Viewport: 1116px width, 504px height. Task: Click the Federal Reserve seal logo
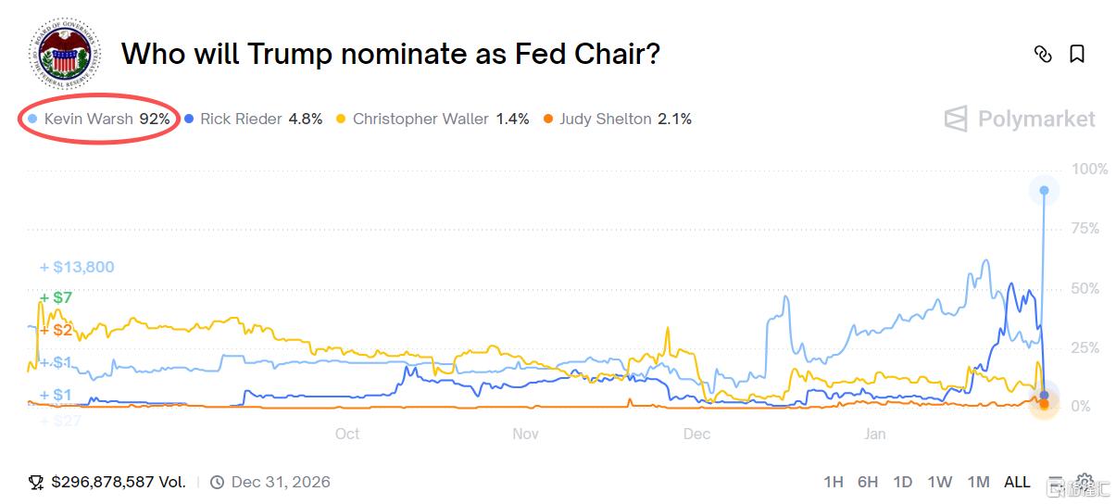(x=61, y=56)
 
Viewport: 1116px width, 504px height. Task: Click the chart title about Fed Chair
(x=390, y=54)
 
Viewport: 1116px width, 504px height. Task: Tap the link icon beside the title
(x=1043, y=54)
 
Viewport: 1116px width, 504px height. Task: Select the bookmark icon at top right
(x=1077, y=54)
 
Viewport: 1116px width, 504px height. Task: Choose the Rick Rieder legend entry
(x=253, y=119)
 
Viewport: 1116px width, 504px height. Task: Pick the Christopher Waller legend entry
(x=432, y=119)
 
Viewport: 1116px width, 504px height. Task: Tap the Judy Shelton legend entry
(x=617, y=119)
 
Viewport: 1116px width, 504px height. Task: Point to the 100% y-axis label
(x=1089, y=170)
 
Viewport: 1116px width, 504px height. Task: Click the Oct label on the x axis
(x=346, y=434)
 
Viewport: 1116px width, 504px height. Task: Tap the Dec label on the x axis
(x=696, y=434)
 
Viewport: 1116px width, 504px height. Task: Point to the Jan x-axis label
(x=874, y=434)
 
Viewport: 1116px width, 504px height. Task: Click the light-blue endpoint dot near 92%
(x=1045, y=190)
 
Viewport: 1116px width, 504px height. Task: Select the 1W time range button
(x=939, y=482)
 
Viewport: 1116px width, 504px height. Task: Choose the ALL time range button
(x=1017, y=482)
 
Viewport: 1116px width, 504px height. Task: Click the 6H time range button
(x=868, y=482)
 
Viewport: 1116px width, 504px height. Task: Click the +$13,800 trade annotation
(x=78, y=267)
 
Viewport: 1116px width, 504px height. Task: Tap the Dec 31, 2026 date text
(x=280, y=482)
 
